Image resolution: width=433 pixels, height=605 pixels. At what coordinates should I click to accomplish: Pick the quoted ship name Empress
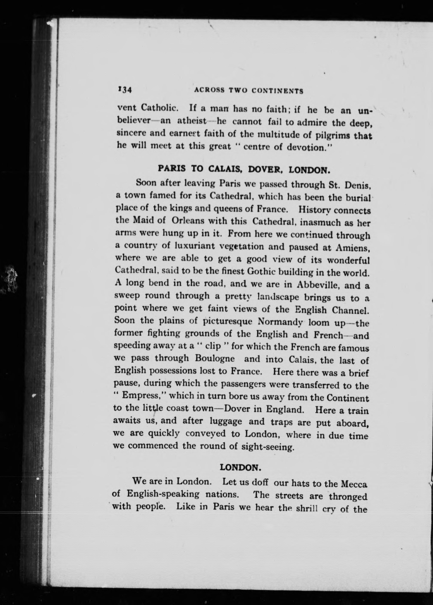[x=141, y=395]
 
